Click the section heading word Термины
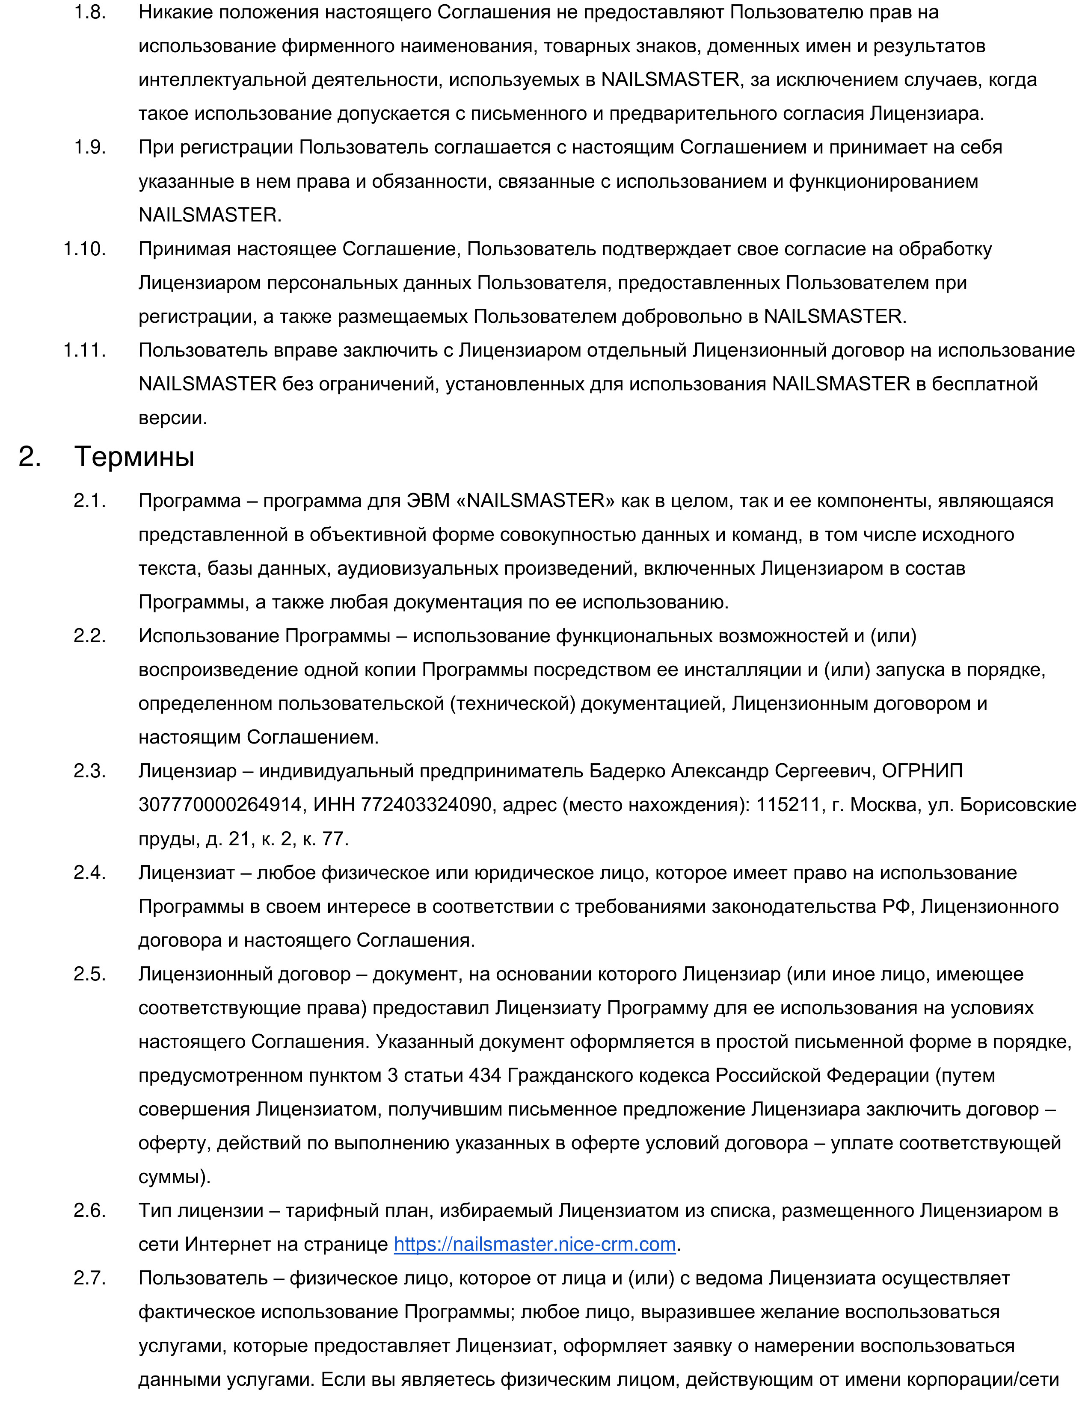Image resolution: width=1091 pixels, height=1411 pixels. [x=134, y=457]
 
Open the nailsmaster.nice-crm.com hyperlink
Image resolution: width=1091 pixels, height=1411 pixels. [x=534, y=1244]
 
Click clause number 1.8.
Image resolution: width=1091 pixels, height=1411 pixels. [x=90, y=12]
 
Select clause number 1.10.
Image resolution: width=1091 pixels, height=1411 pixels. [x=85, y=249]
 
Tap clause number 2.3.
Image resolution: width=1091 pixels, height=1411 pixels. [x=90, y=771]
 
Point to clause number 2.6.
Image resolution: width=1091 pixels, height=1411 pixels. [x=90, y=1210]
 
